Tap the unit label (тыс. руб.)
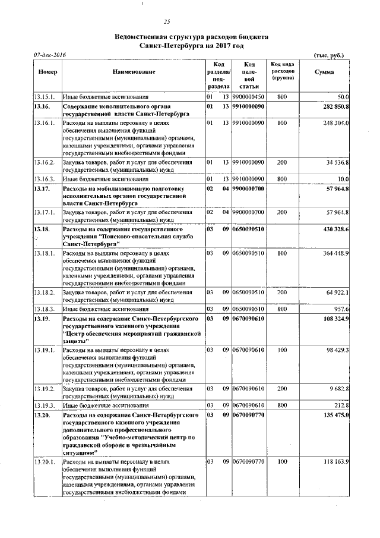tap(328, 55)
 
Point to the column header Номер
tap(47, 72)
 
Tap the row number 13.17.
tap(42, 188)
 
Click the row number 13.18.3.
tap(45, 310)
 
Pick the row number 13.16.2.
tap(45, 162)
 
